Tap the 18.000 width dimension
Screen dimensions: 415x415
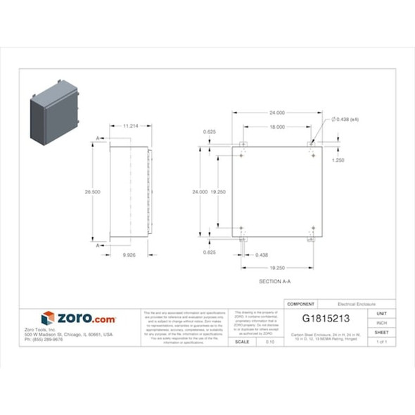276,127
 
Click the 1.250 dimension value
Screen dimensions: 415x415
338,160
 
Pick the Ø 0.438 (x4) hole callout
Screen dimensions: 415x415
345,120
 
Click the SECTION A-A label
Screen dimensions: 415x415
275,281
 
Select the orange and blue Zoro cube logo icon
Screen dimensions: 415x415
48,319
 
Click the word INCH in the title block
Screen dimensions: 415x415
382,323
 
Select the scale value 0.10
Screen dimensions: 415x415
270,341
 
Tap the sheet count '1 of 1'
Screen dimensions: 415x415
382,341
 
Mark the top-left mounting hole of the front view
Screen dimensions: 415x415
242,155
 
